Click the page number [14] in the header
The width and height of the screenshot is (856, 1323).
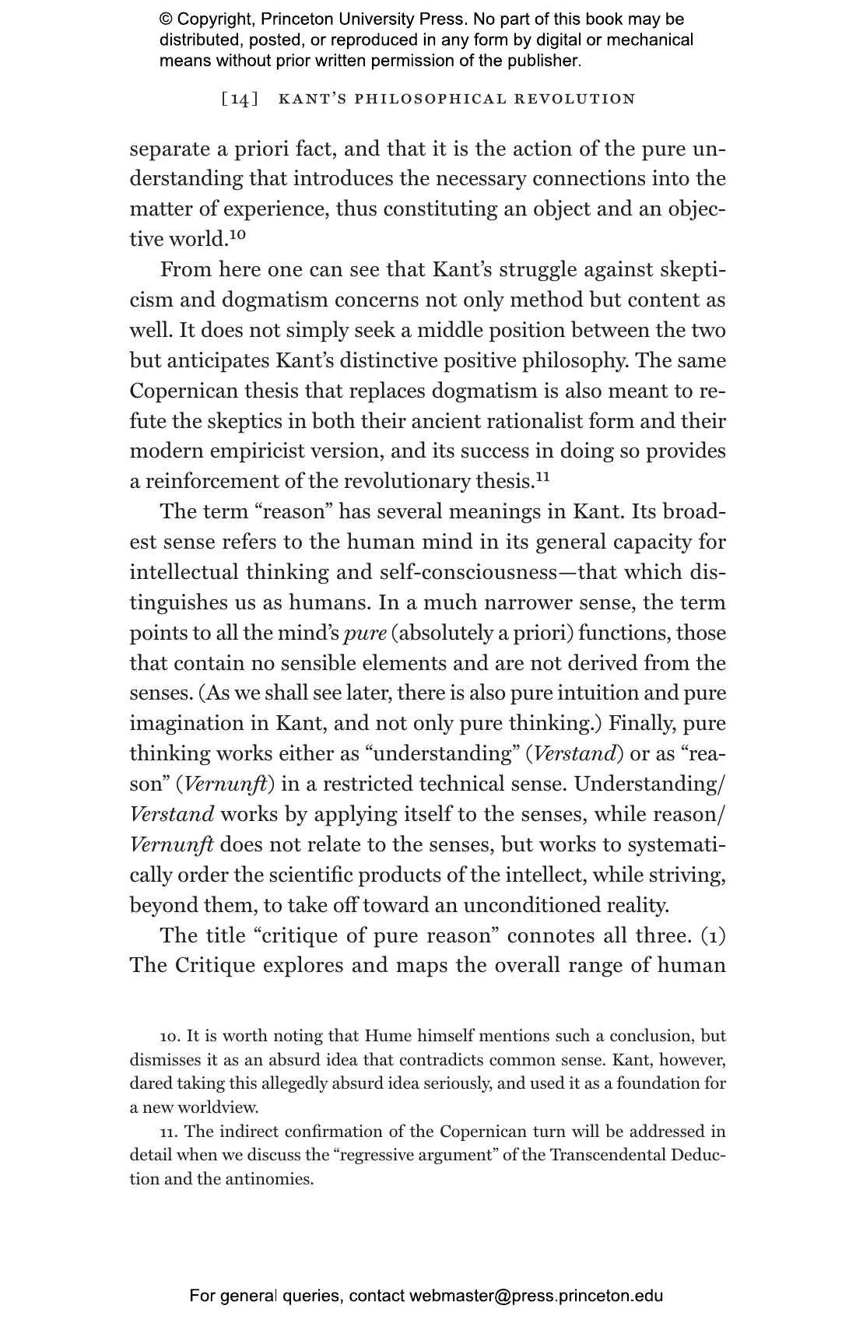coord(239,99)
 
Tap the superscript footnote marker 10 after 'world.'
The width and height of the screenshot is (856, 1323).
coord(237,234)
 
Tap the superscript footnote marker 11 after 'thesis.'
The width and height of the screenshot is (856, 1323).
coord(542,476)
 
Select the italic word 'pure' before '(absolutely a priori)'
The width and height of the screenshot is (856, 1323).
coord(365,633)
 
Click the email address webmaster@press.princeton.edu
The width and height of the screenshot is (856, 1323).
coord(536,1297)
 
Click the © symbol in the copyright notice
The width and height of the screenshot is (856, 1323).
coord(166,19)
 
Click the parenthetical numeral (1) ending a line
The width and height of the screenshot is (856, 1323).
coord(711,935)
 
